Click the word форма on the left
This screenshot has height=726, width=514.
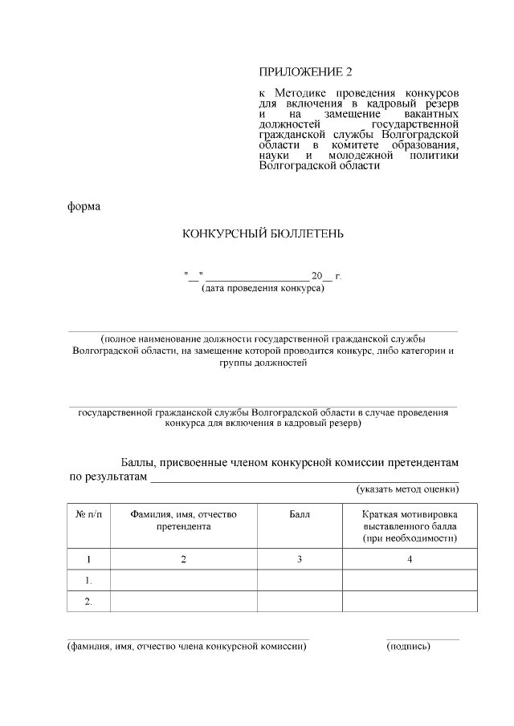[84, 206]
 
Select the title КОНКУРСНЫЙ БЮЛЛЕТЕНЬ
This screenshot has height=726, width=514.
[263, 233]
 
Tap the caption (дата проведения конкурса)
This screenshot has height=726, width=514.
[263, 288]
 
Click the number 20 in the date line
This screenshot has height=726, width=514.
[316, 276]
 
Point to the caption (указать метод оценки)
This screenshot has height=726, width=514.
[407, 488]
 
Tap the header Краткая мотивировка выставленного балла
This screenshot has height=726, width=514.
[410, 526]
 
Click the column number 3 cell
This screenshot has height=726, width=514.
[300, 559]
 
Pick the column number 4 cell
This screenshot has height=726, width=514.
[410, 559]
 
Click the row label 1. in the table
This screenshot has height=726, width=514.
[88, 580]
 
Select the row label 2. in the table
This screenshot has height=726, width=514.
[88, 601]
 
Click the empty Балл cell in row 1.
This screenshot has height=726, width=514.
[300, 580]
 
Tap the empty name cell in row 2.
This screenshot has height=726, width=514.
[183, 601]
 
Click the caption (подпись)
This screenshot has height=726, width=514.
[408, 646]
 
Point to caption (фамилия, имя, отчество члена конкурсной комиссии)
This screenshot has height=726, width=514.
[187, 646]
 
